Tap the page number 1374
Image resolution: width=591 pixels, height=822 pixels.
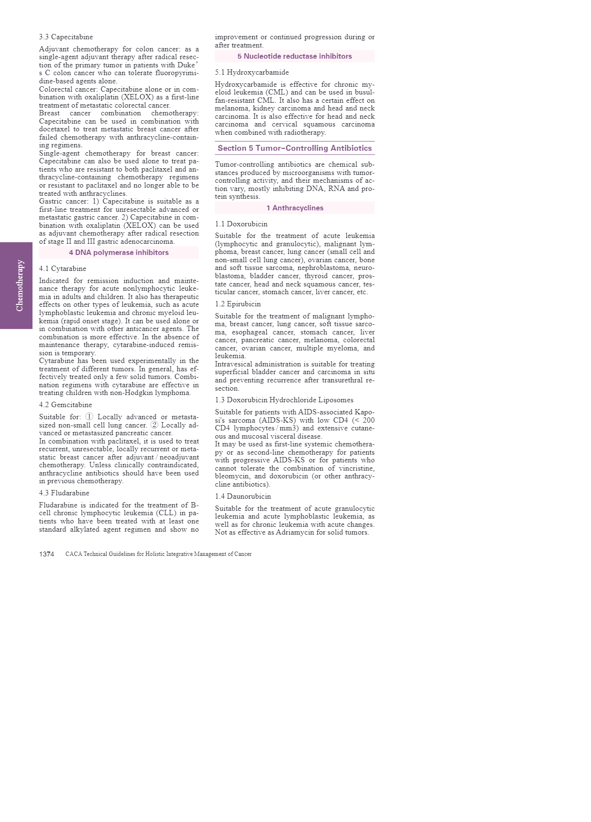[x=47, y=554]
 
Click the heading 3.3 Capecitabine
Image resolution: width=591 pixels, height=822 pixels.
[x=66, y=37]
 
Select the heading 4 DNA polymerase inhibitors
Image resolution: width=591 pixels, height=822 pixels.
[x=119, y=253]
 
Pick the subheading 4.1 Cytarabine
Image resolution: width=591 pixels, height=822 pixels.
[x=63, y=269]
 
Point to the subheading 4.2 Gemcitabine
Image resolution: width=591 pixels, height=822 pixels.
[x=66, y=405]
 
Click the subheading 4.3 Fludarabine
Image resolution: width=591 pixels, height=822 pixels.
[x=64, y=493]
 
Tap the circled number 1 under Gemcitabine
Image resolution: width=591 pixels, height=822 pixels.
[x=89, y=417]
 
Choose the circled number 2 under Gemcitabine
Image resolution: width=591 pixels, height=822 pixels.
[x=154, y=425]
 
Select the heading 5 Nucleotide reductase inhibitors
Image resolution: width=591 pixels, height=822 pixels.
[x=295, y=56]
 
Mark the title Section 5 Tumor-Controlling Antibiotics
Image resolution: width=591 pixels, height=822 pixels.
[x=295, y=148]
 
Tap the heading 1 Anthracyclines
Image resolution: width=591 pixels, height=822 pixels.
[x=295, y=208]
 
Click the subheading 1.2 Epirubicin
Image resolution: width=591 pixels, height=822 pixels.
[x=238, y=304]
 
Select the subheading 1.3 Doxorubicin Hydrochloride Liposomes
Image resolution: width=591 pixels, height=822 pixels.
[x=284, y=400]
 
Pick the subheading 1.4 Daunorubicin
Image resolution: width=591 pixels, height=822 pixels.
[x=243, y=496]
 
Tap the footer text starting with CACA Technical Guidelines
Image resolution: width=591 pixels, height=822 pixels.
[x=158, y=554]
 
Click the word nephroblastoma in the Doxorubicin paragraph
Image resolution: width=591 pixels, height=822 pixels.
[x=317, y=268]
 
